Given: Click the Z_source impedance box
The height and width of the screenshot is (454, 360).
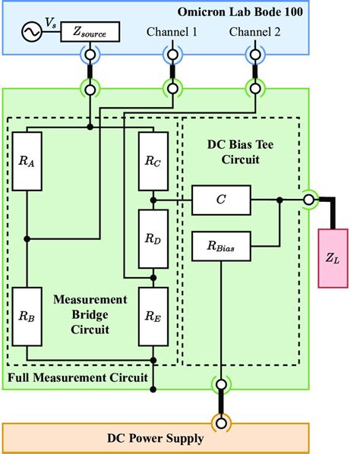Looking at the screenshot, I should (96, 33).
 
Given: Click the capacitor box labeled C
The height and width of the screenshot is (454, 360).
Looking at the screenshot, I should (220, 200).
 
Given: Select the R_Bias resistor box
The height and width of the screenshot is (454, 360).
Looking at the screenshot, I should (220, 246).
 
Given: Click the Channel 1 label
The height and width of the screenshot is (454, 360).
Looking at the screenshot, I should (172, 32).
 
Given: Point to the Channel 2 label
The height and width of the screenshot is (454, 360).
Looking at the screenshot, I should (255, 32).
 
